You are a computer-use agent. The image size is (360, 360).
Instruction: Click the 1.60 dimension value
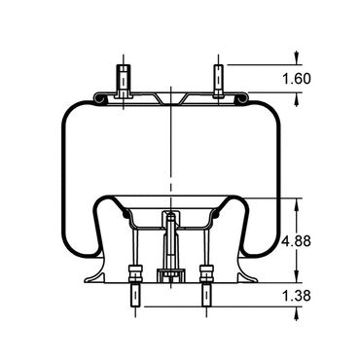click(297, 79)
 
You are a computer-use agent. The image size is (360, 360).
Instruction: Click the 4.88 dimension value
click(297, 241)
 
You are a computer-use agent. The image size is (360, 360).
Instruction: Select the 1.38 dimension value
click(297, 296)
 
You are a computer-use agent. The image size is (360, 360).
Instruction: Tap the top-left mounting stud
click(124, 81)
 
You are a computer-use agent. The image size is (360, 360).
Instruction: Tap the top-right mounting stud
click(218, 81)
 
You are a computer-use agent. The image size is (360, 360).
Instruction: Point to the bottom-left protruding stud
click(135, 296)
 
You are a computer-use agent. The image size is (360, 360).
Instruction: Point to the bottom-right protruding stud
click(207, 296)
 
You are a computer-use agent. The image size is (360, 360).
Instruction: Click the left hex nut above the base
click(135, 274)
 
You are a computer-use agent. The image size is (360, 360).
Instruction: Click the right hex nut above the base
click(207, 274)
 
